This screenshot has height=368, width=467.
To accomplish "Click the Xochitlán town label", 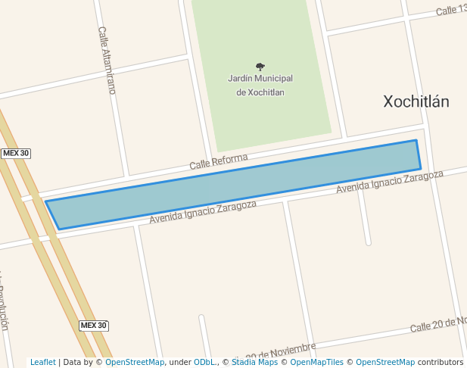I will coord(416,101).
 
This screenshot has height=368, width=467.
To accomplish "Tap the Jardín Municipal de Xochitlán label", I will coord(260,85).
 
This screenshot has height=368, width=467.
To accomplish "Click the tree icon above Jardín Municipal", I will coord(260,67).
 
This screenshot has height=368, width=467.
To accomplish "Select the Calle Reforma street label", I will coord(218,161).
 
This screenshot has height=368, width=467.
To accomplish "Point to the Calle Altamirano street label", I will coord(107,60).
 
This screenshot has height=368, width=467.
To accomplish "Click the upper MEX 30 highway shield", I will coord(16,153).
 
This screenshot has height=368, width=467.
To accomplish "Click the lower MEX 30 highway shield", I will coord(94,326).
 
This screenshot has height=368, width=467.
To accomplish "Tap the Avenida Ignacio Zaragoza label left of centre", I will coord(203,212).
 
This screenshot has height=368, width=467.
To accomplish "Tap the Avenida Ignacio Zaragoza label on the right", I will coord(389,182).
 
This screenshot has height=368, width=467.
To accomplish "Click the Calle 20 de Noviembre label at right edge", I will coord(438,325).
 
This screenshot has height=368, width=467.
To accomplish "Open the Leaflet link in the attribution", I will coord(42,362).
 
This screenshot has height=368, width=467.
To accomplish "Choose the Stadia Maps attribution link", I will coord(254,362).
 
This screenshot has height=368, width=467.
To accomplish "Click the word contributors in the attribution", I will coord(441,362).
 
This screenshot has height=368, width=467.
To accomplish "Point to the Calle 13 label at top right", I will coord(451,10).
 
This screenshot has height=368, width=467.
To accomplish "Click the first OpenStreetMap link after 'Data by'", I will coord(135,362).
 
